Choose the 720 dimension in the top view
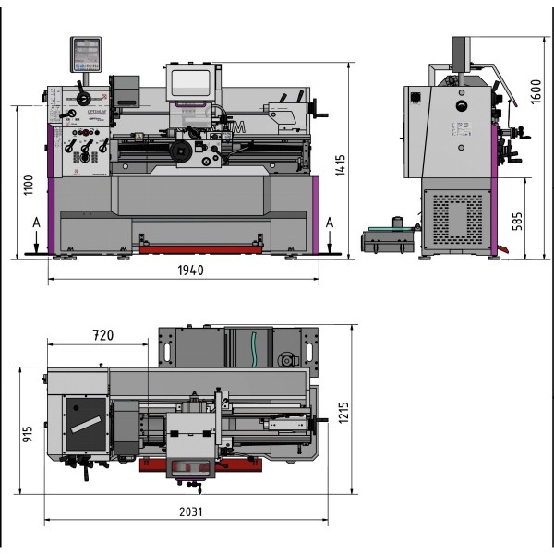[102, 335]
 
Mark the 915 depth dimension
[28, 433]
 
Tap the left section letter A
[35, 223]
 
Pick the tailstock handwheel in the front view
[321, 115]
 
